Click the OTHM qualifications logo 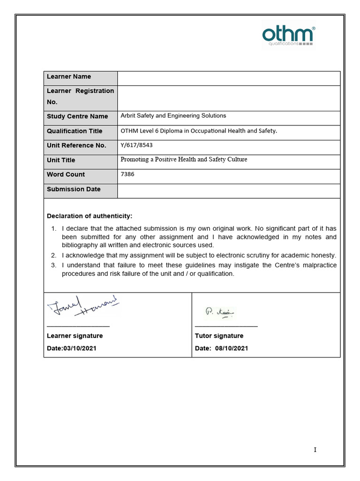288,37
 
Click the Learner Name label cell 80,78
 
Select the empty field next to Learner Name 229,78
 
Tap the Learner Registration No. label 80,97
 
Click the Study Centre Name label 77,116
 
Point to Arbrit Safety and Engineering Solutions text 173,116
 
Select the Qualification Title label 81,132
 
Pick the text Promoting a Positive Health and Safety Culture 184,160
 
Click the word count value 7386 127,174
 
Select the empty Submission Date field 229,190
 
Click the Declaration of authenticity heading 90,216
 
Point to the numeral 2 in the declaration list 53,256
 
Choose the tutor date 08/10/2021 231,349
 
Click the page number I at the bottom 315,450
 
